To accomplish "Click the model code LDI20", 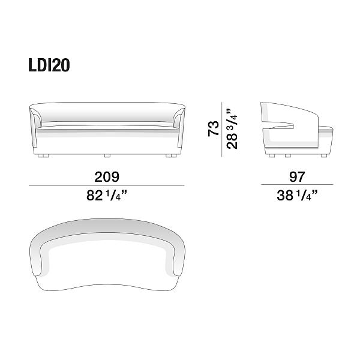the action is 49,65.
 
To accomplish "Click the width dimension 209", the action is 107,177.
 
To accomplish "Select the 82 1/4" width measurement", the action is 107,196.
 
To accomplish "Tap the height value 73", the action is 213,128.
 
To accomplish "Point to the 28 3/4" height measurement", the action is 232,128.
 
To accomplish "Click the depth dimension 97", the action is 297,176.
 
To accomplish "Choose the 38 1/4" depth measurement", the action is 297,196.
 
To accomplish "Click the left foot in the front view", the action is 43,155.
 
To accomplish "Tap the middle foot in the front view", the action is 107,155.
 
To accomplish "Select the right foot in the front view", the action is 171,155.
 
